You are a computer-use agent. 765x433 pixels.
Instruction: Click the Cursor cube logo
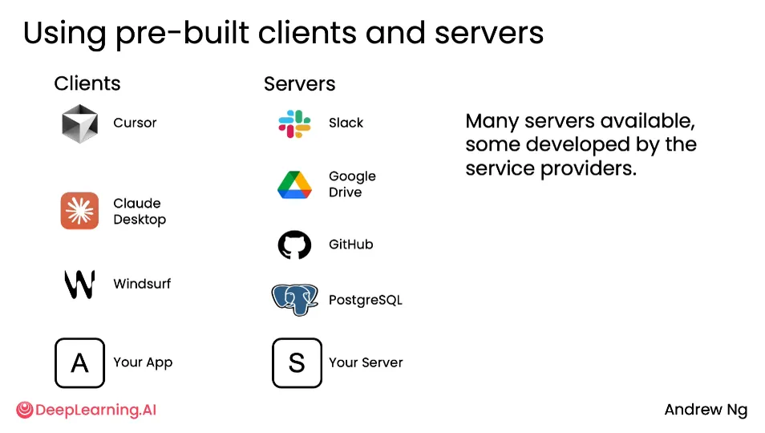click(80, 123)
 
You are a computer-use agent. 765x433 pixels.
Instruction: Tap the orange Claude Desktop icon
click(79, 211)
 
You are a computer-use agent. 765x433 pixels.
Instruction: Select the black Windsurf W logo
click(79, 284)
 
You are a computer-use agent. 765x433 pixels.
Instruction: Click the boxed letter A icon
click(79, 362)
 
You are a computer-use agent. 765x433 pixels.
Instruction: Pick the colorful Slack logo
click(294, 123)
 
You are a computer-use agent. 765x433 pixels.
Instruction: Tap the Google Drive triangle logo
click(294, 184)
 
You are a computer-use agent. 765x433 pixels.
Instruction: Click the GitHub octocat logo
click(294, 245)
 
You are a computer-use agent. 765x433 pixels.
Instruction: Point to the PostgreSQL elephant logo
click(294, 299)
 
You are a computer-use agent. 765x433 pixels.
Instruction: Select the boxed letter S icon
click(297, 362)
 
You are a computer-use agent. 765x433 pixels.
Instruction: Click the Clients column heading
click(87, 83)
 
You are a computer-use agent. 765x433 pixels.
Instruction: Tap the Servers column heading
click(300, 84)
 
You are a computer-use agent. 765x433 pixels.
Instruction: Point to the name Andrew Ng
click(706, 410)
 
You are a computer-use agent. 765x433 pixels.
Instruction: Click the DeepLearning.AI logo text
click(95, 410)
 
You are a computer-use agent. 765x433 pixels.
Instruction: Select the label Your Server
click(366, 362)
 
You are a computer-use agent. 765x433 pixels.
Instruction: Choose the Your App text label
click(143, 362)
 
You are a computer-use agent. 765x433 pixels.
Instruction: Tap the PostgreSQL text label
click(366, 300)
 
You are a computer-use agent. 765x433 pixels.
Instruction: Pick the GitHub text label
click(350, 245)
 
